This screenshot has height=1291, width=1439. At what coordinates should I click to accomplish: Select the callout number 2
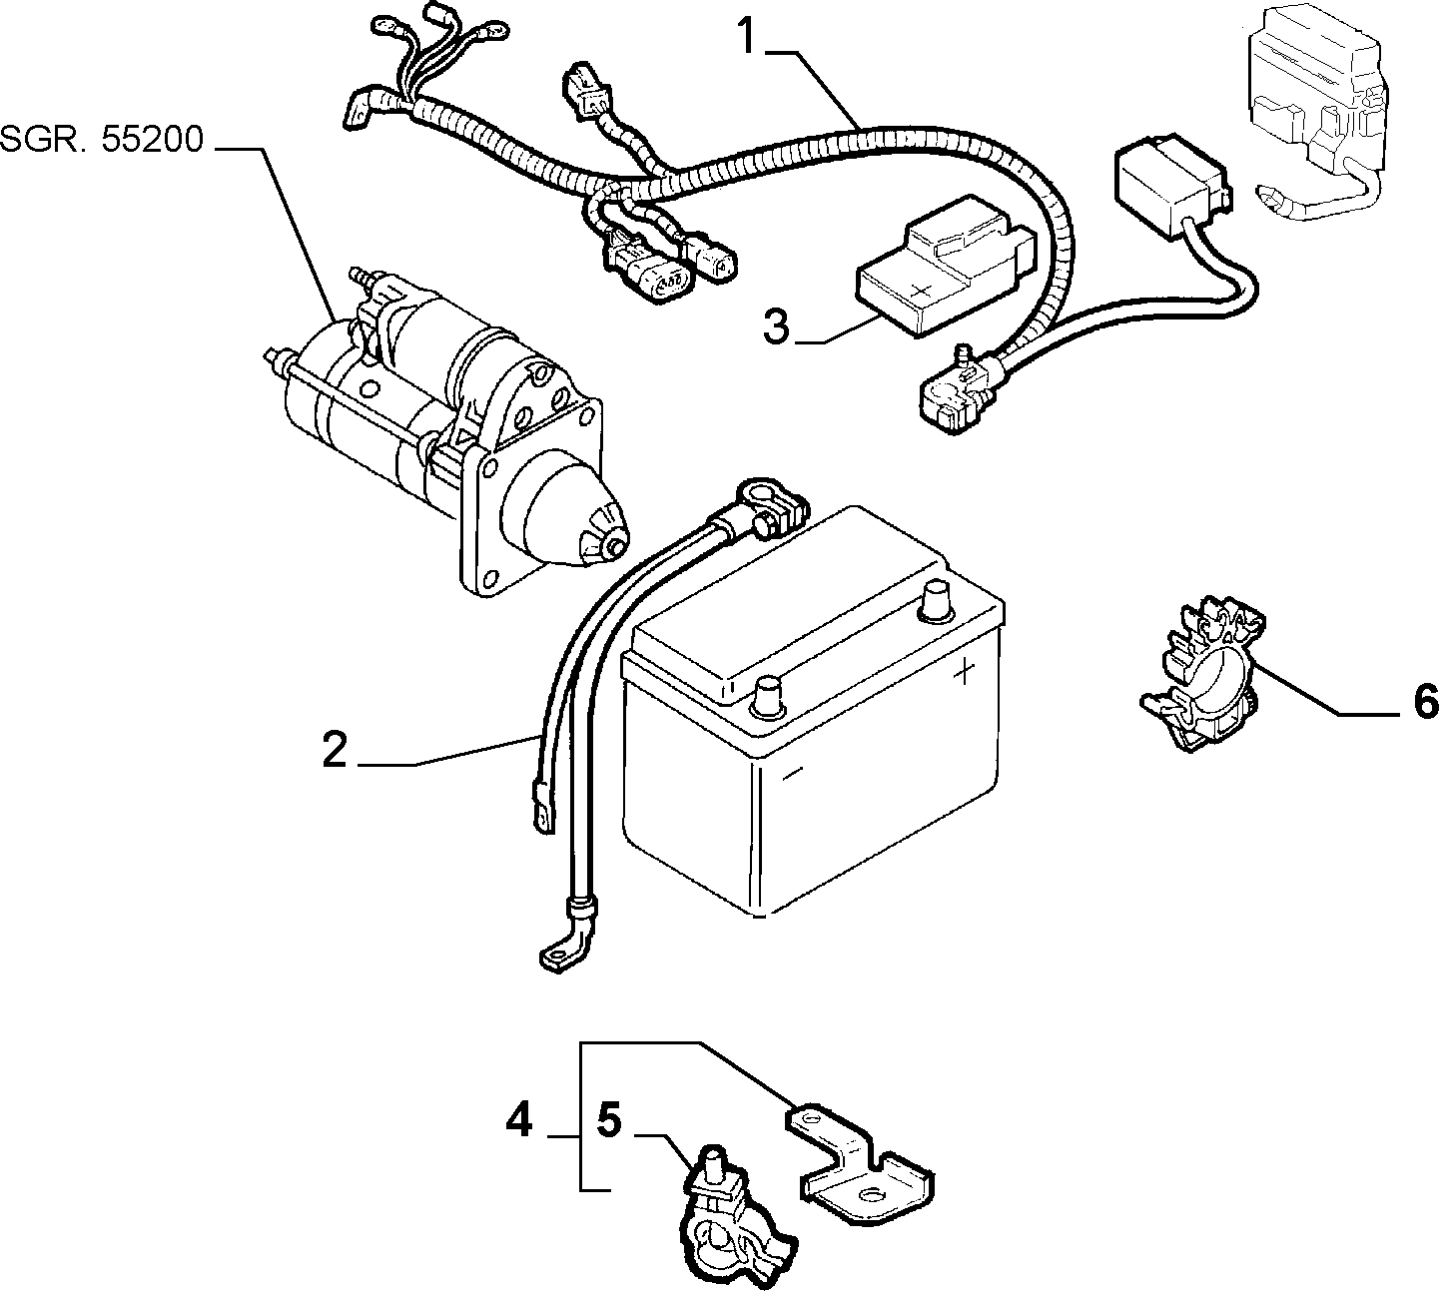[335, 750]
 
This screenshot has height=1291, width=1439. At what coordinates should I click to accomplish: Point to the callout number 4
[519, 1121]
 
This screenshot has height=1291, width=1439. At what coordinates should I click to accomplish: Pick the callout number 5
[609, 1120]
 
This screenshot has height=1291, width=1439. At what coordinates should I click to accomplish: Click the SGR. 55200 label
[102, 139]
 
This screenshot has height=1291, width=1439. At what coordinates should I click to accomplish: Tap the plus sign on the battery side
[965, 671]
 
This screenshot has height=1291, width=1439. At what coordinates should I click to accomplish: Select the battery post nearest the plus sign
[936, 602]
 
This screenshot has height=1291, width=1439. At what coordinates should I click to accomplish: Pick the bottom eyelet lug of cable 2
[559, 958]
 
